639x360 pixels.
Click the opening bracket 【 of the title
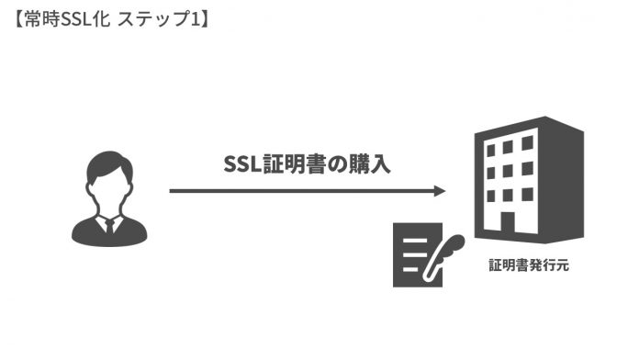[x=18, y=19]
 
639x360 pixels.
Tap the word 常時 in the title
[x=42, y=19]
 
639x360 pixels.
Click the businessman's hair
[x=109, y=165]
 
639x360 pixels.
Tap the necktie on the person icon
[x=109, y=226]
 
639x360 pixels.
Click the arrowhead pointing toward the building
[x=440, y=191]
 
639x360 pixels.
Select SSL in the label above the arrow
[x=242, y=164]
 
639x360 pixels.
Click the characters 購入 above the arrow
[x=370, y=164]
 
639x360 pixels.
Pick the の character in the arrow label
[x=338, y=165]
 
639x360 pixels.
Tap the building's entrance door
[x=508, y=223]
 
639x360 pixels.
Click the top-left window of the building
[x=490, y=150]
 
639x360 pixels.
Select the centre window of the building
[x=508, y=171]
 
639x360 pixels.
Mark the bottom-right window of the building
[x=527, y=194]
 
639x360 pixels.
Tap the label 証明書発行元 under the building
[x=529, y=265]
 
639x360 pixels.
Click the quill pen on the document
[x=443, y=257]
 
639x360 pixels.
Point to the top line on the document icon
[x=415, y=241]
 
